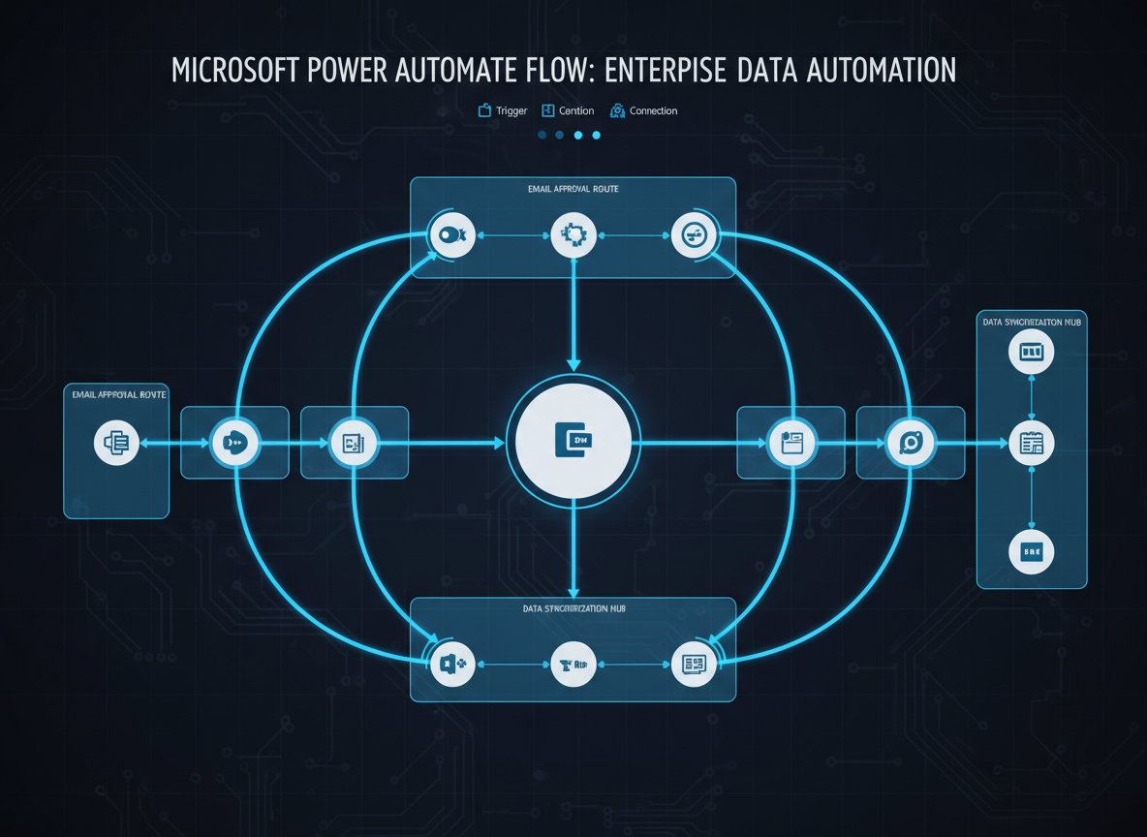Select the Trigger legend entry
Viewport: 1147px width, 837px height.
tap(503, 111)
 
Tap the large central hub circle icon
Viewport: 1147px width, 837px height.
tap(573, 442)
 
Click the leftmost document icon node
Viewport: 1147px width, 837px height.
tap(116, 443)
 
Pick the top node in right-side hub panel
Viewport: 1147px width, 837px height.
tap(1031, 352)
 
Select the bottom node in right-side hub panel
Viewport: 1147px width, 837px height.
tap(1031, 552)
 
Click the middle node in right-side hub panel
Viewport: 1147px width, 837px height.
tap(1031, 444)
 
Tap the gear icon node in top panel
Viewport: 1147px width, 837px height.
tap(573, 234)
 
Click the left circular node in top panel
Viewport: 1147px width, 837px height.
tap(452, 234)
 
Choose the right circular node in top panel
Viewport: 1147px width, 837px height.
tap(695, 234)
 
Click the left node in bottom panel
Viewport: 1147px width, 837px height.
tap(452, 665)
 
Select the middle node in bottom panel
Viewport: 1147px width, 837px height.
tap(573, 665)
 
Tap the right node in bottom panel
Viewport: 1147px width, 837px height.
tap(695, 665)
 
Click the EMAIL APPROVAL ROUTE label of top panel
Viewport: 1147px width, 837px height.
tap(573, 189)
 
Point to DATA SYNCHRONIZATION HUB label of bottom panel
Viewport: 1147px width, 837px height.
tap(573, 609)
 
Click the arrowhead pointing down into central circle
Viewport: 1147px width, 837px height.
tap(573, 365)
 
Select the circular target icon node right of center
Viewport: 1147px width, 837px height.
tap(911, 443)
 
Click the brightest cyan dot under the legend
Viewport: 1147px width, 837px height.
tap(578, 136)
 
